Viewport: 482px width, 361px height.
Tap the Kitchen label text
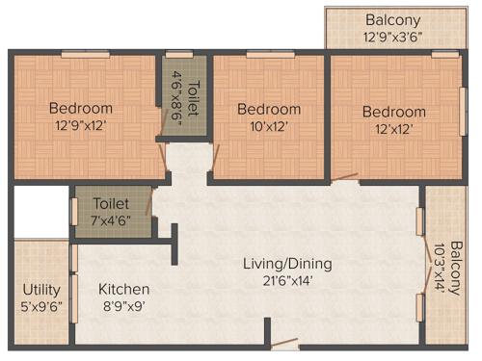tap(123, 289)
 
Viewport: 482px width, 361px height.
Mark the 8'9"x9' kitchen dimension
tap(123, 306)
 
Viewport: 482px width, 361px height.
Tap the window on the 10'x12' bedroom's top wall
tap(256, 54)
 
